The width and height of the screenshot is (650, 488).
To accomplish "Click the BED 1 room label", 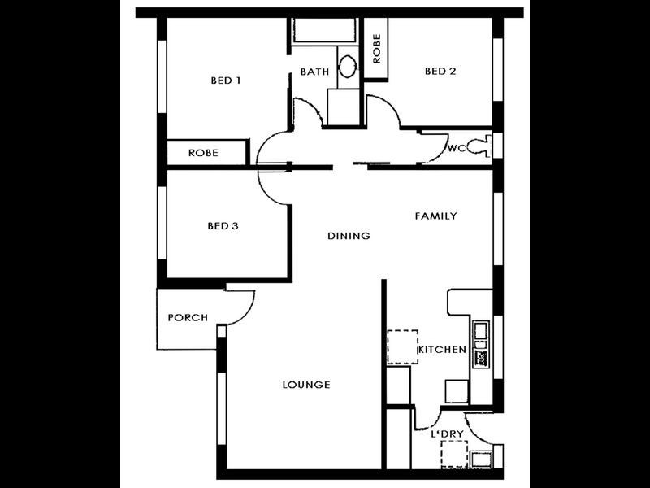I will pyautogui.click(x=226, y=81).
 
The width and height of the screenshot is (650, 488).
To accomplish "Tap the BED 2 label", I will pyautogui.click(x=440, y=72).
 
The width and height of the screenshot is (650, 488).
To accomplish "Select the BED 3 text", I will pyautogui.click(x=223, y=226).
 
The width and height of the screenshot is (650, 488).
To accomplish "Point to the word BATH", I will pyautogui.click(x=314, y=72).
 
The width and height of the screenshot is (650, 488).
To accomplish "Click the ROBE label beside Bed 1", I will pyautogui.click(x=203, y=153).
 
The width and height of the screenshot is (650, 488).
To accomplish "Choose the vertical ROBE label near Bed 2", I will pyautogui.click(x=376, y=49).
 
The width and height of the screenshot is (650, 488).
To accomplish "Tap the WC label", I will pyautogui.click(x=456, y=148).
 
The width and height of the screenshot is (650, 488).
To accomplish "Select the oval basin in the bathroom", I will pyautogui.click(x=347, y=67).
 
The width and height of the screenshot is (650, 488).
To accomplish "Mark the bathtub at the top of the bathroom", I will pyautogui.click(x=323, y=31).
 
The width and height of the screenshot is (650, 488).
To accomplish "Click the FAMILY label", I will pyautogui.click(x=435, y=216).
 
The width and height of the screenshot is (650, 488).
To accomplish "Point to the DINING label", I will pyautogui.click(x=349, y=236).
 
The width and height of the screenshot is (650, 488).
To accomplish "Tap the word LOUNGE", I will pyautogui.click(x=305, y=385).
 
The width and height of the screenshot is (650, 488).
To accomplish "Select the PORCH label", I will pyautogui.click(x=188, y=318).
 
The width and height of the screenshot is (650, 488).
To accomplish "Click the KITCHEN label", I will pyautogui.click(x=441, y=350).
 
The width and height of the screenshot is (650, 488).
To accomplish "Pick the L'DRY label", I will pyautogui.click(x=447, y=434).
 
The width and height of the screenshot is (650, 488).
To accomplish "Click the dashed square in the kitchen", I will pyautogui.click(x=401, y=347).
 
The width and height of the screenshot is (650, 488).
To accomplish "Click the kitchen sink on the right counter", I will pyautogui.click(x=481, y=330).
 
